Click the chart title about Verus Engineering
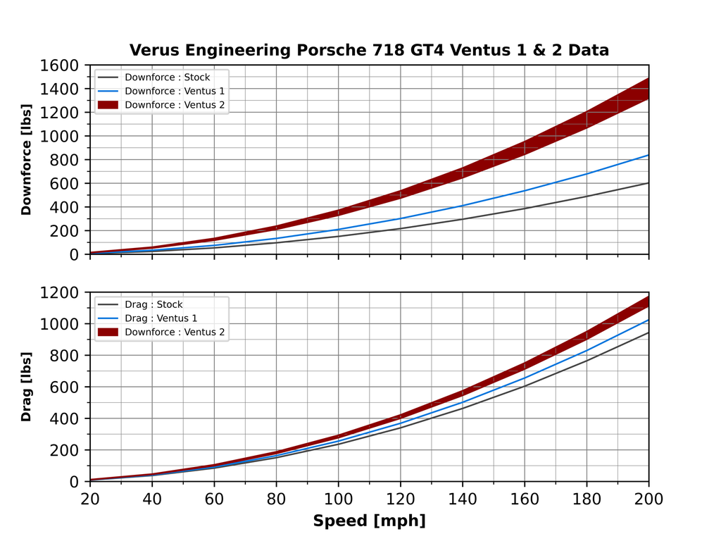(369, 50)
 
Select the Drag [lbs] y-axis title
(27, 387)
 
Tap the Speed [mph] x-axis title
(369, 521)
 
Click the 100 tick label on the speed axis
(339, 499)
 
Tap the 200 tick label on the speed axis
(648, 499)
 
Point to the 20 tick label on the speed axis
(90, 499)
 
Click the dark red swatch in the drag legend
(108, 332)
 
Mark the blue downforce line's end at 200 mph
(648, 155)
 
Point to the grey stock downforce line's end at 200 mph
(648, 183)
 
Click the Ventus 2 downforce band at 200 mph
(647, 89)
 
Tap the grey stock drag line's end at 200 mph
(648, 332)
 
